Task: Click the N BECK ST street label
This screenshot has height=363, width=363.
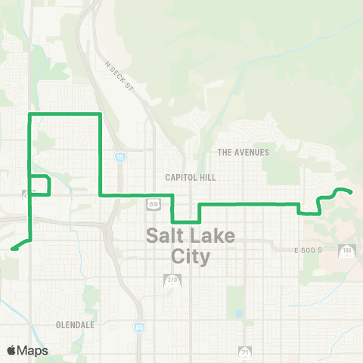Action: point(119,76)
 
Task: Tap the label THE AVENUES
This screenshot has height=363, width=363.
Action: point(243,152)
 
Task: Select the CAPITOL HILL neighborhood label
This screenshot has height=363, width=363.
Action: point(191,177)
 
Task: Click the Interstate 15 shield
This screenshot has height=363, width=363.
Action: point(120,157)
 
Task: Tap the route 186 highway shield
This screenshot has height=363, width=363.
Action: point(347,250)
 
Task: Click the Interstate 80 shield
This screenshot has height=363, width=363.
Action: point(139,327)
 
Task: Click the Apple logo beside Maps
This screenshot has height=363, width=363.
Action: point(12,350)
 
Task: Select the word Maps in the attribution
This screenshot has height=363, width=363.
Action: point(33,350)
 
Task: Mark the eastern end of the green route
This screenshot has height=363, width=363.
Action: point(352,192)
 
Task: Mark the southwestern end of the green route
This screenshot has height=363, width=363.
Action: point(11,248)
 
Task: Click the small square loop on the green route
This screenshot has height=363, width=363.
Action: point(39,185)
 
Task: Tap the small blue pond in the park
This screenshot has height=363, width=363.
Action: point(239,312)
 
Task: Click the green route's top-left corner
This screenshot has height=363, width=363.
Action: point(29,114)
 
